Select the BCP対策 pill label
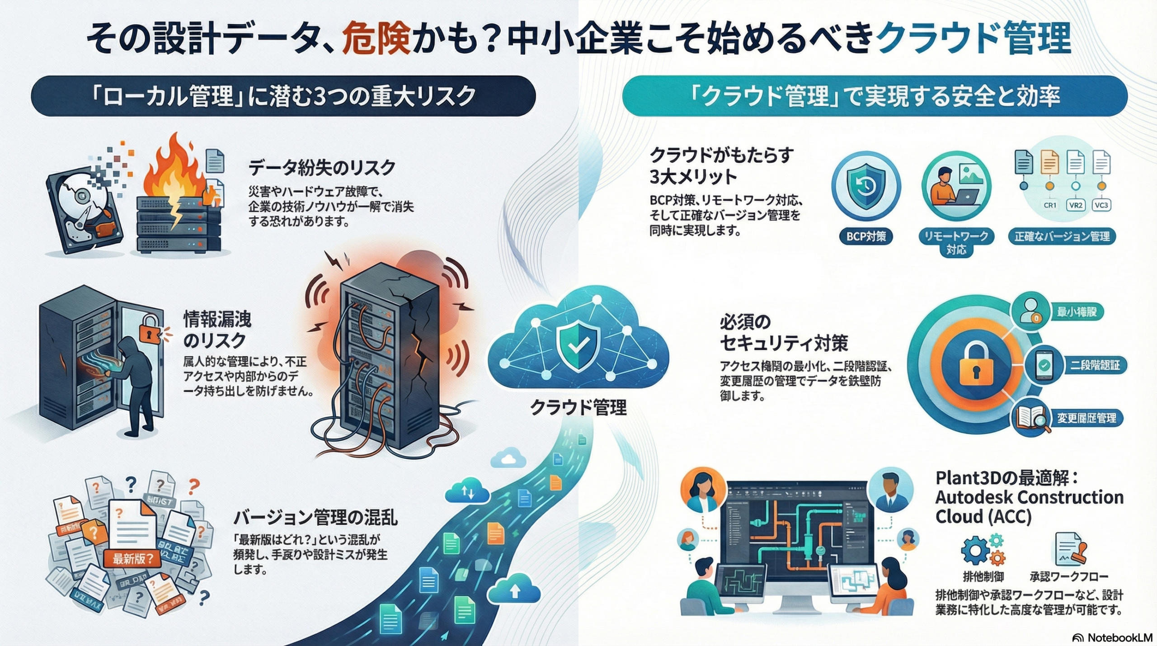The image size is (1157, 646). [865, 236]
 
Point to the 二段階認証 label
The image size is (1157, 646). [1094, 365]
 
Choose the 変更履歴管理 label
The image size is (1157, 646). [1086, 418]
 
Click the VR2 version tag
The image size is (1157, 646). [1076, 205]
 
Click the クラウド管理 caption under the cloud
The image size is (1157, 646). [578, 407]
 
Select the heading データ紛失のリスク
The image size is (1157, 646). [322, 168]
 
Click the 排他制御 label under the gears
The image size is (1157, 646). [983, 576]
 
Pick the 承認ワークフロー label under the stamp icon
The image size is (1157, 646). [1068, 576]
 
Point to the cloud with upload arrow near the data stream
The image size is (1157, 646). [514, 589]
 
